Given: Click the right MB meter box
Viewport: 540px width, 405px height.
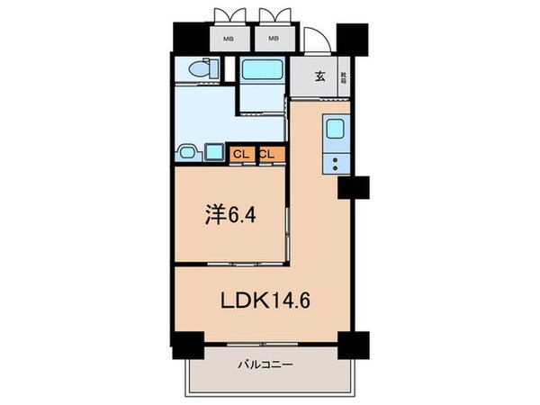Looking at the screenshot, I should [274, 40].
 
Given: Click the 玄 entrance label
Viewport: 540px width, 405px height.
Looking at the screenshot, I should [319, 76].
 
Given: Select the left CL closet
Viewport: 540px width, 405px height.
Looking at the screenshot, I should [241, 154].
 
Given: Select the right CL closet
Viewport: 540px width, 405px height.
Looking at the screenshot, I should [267, 154].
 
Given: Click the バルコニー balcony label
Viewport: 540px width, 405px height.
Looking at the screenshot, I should [267, 365].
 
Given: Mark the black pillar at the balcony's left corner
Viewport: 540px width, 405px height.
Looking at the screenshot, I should [187, 346].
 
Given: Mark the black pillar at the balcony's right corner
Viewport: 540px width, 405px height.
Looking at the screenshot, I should [353, 346].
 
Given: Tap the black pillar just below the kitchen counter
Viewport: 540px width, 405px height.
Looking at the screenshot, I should [354, 188].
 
